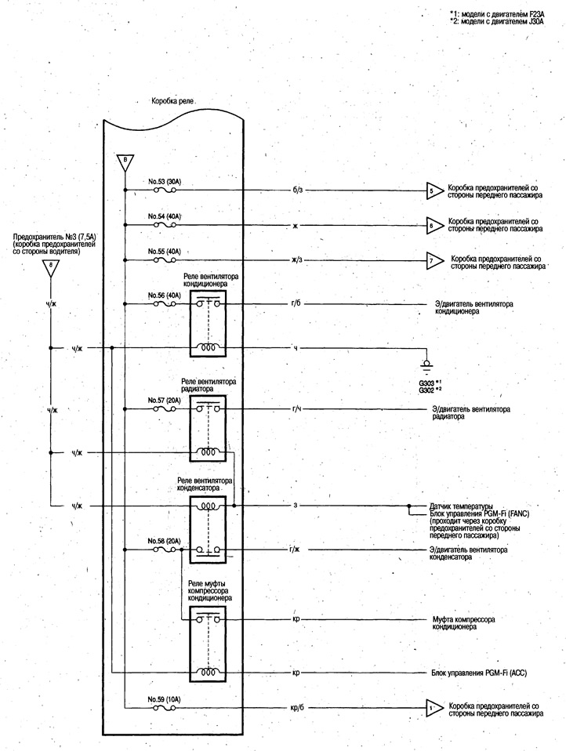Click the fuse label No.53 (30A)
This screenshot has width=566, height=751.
click(165, 182)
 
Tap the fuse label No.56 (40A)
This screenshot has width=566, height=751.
click(165, 296)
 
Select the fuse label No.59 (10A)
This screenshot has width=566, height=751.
click(165, 698)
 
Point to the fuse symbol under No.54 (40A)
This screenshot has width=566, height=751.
click(165, 225)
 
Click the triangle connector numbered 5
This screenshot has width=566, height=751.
click(432, 190)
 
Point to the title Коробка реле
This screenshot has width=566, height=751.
click(173, 101)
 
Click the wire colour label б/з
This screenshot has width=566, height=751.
click(297, 190)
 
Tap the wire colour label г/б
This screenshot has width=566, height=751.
click(296, 303)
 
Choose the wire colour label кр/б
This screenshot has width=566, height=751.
click(297, 708)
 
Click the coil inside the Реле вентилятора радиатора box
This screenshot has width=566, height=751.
click(208, 452)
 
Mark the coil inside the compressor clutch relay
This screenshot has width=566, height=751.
click(208, 672)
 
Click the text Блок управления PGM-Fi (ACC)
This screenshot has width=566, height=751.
click(479, 673)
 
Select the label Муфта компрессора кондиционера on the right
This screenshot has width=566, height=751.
click(463, 622)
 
